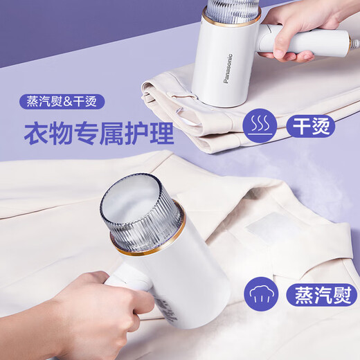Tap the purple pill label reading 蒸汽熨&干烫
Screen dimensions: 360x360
click(62, 102)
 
